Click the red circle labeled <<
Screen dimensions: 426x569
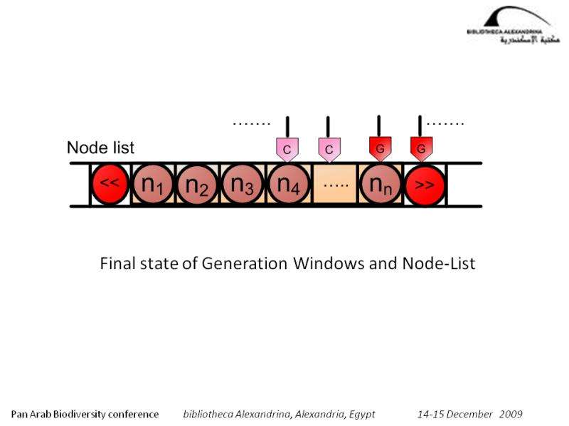pyautogui.click(x=109, y=185)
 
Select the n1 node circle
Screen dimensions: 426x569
pyautogui.click(x=153, y=185)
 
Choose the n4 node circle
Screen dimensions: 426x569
pyautogui.click(x=288, y=185)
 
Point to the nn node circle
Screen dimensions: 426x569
pyautogui.click(x=379, y=185)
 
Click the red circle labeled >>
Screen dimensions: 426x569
pyautogui.click(x=425, y=185)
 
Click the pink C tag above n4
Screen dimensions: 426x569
pyautogui.click(x=287, y=149)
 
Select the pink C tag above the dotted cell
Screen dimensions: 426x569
pyautogui.click(x=329, y=149)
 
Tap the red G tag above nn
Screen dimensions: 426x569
pyautogui.click(x=380, y=149)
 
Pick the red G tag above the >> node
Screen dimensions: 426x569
pyautogui.click(x=421, y=149)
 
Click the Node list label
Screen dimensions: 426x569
pyautogui.click(x=100, y=148)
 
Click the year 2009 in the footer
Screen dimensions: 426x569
pyautogui.click(x=511, y=413)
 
